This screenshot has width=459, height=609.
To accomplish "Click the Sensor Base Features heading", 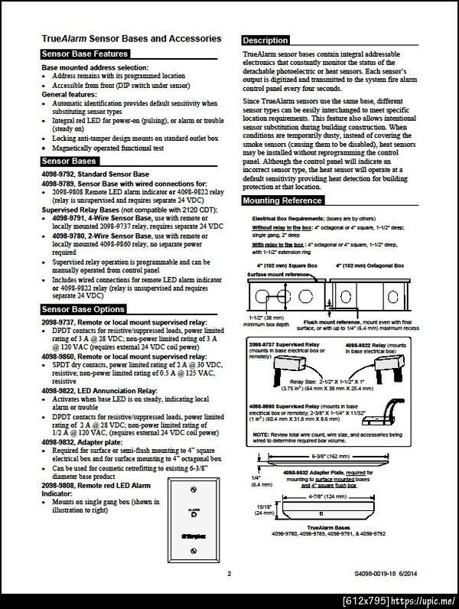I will point(85,54).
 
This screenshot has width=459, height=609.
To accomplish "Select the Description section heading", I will point(265,41).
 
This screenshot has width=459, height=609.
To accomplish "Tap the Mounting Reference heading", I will point(282,200).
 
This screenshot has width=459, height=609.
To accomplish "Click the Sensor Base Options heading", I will point(83,309).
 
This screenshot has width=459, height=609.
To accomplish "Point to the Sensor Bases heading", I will point(69,162).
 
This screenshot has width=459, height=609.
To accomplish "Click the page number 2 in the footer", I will point(229,572).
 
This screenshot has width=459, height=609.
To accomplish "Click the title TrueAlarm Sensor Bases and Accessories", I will point(131,38).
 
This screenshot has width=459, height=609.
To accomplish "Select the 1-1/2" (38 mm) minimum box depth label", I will point(265,320).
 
